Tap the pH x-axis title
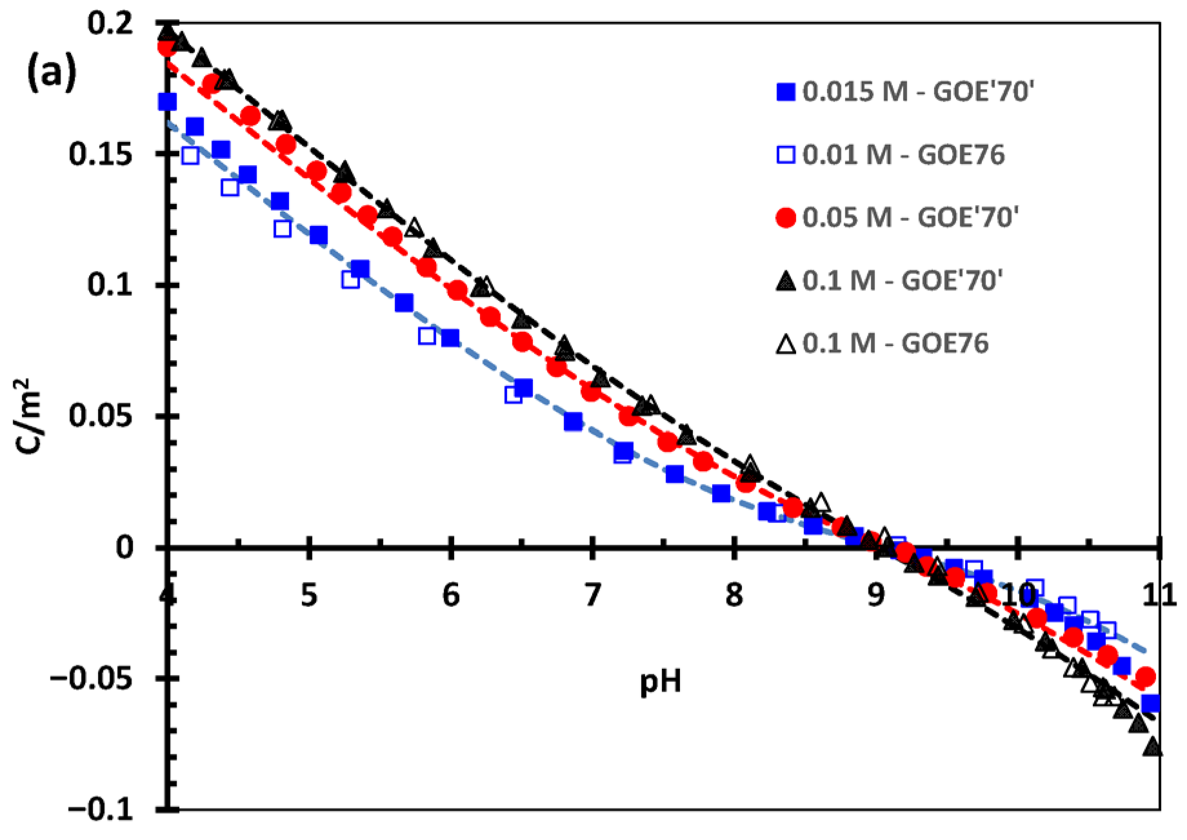point(661,682)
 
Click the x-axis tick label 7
point(592,594)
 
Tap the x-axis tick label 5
point(309,594)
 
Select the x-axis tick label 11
point(1159,594)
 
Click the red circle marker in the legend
point(785,218)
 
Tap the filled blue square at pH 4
point(168,102)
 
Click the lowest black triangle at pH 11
point(1153,747)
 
